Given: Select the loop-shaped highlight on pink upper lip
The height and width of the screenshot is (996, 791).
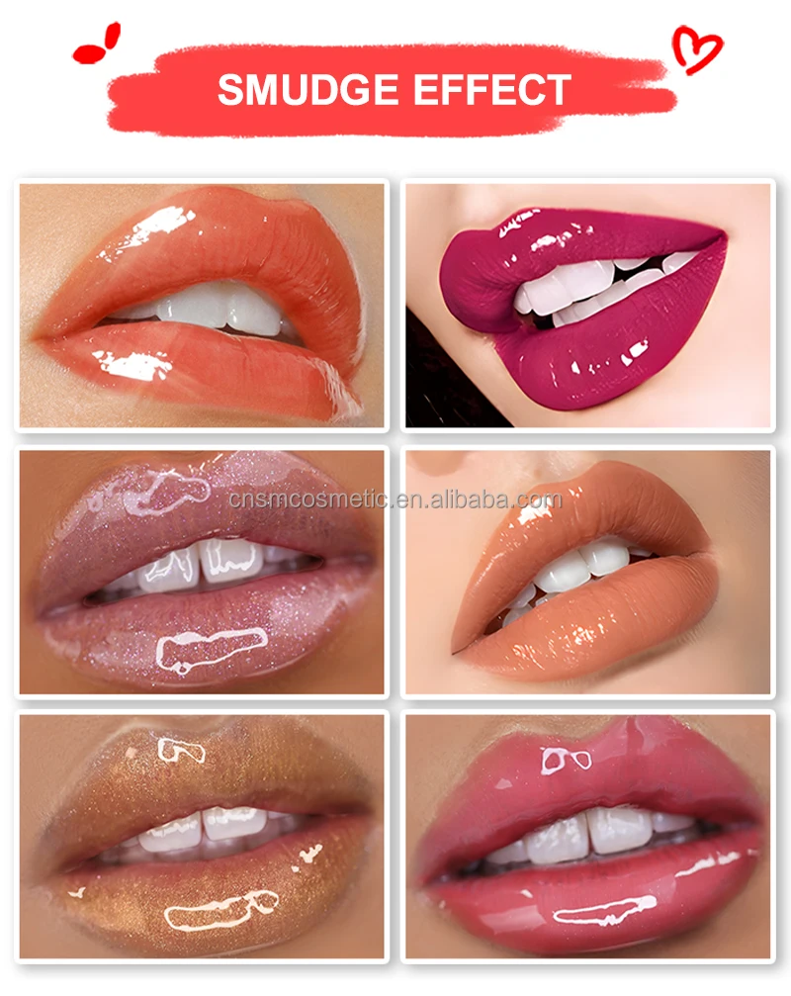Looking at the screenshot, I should [x=566, y=759].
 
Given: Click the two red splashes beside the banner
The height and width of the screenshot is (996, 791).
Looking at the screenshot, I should [x=96, y=45].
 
